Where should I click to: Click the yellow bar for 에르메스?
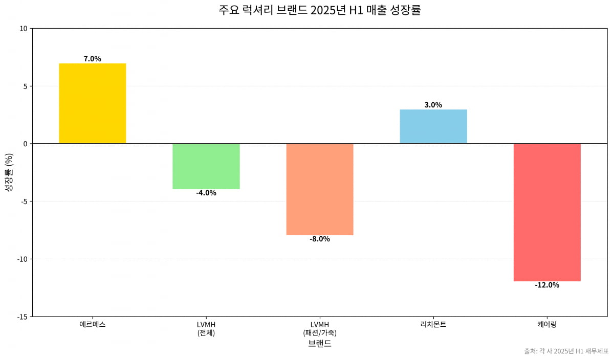coord(92,103)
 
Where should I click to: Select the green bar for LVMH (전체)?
coord(206,166)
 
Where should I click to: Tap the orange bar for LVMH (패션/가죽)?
coord(319,189)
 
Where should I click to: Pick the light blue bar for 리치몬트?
coord(433,126)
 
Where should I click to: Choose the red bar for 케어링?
coord(546,212)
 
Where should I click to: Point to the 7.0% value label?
coord(92,59)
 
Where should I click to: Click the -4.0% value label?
coord(206,193)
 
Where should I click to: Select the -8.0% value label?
coord(319,239)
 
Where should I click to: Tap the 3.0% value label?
coord(433,105)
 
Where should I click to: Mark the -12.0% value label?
coord(546,285)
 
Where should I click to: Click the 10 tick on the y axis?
coord(23,29)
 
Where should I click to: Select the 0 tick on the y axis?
coord(25,144)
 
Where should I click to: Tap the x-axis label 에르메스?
coord(92,324)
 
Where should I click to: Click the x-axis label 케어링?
coord(546,324)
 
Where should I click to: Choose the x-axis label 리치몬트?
coord(433,324)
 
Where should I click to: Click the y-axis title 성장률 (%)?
coord(9,172)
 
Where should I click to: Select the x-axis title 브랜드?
coord(319,344)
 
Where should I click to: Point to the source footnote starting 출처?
coord(566,351)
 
